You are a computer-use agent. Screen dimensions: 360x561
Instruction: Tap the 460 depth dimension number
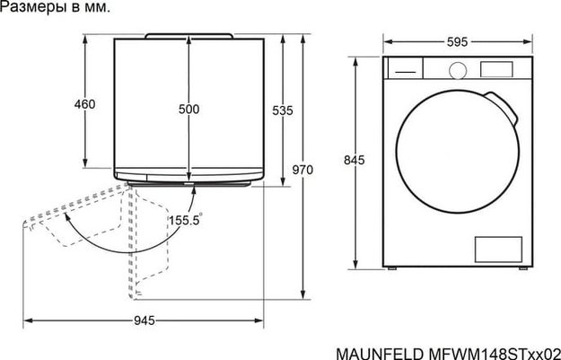pos(84,104)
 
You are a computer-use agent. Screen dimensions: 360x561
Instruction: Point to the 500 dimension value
pos(188,109)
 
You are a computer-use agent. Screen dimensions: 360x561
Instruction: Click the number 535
pos(283,110)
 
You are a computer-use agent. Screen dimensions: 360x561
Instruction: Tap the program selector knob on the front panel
pos(458,68)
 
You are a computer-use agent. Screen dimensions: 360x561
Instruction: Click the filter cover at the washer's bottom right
pos(494,249)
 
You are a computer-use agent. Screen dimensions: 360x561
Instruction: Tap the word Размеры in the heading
pos(33,8)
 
